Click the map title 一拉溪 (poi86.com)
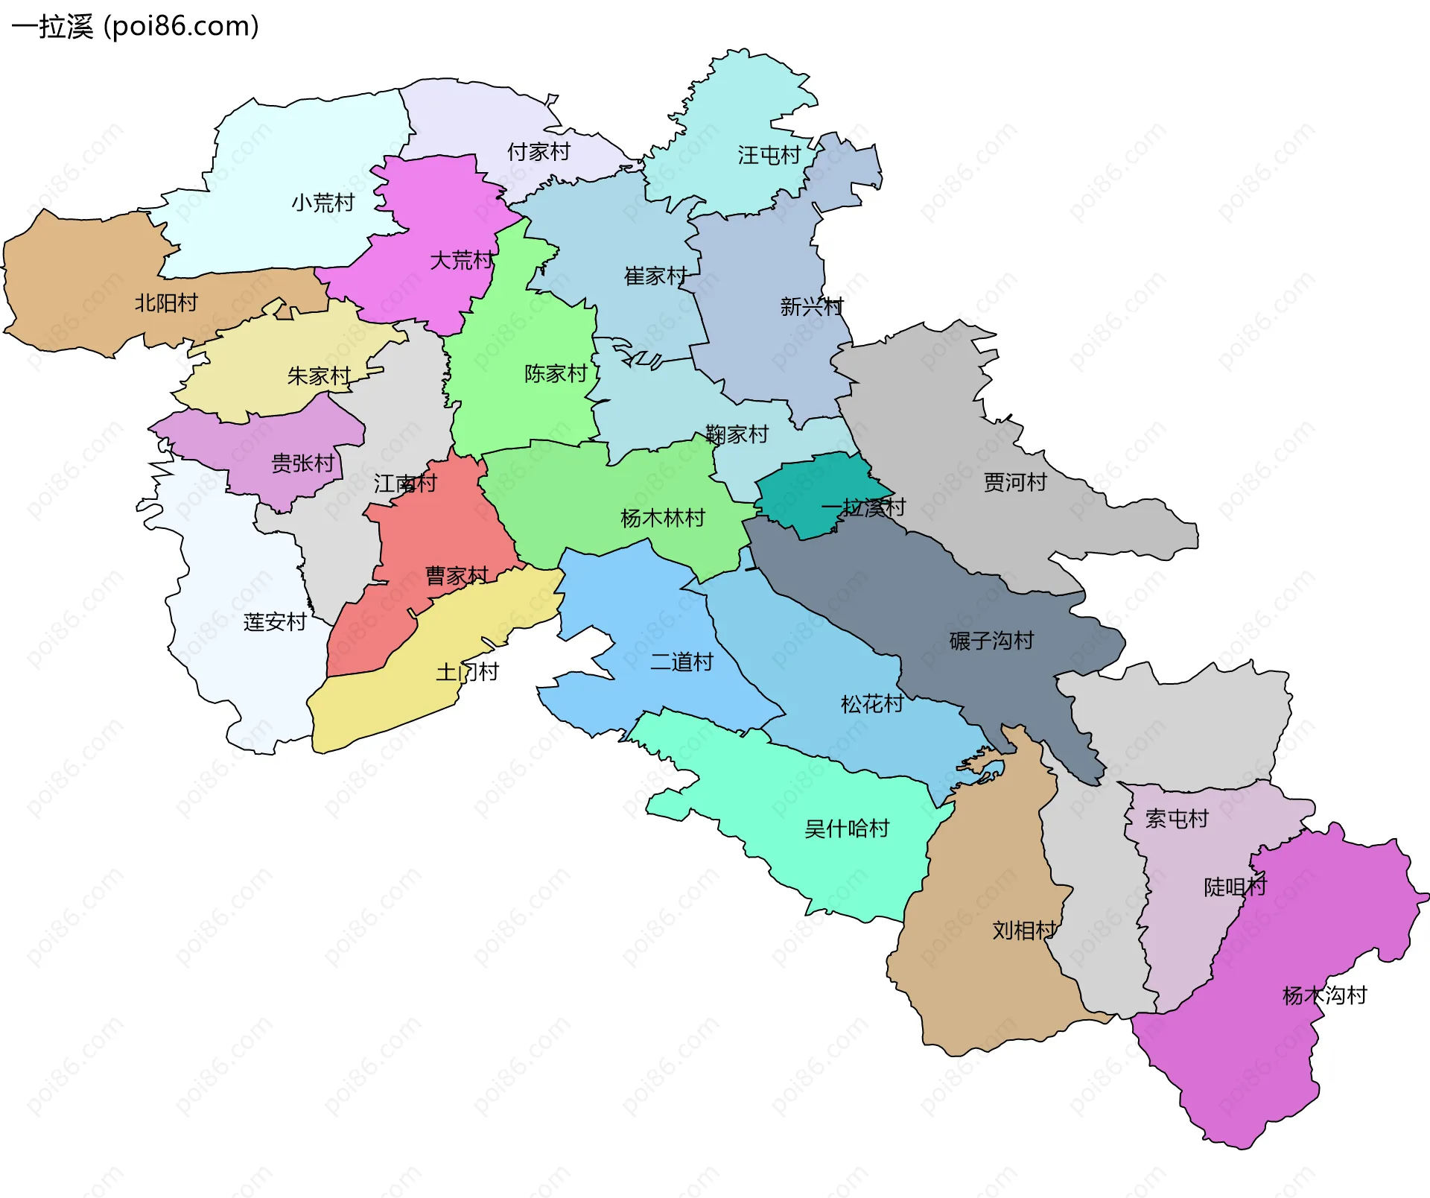pos(135,27)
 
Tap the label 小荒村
pos(322,203)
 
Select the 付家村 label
pos(538,152)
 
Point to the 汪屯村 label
pos(769,155)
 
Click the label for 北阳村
pos(166,303)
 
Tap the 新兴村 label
pos(811,306)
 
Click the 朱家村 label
pos(319,376)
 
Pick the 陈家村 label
pos(556,373)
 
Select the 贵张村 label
pos(302,463)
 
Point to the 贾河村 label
pos(1015,483)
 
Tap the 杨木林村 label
pos(662,518)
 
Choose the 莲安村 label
pos(275,622)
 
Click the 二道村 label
pos(681,662)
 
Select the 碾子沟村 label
pos(991,641)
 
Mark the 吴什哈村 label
pos(847,828)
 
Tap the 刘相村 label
pos(1024,930)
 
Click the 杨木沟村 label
pos(1324,995)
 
